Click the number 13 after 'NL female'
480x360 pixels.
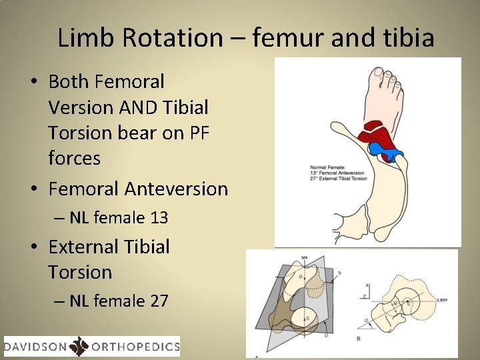point(159,217)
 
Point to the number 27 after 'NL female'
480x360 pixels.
point(159,301)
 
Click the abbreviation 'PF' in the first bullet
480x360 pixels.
point(199,133)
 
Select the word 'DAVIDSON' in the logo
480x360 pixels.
point(35,346)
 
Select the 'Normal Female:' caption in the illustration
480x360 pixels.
point(325,167)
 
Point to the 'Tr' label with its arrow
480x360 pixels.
point(340,273)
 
